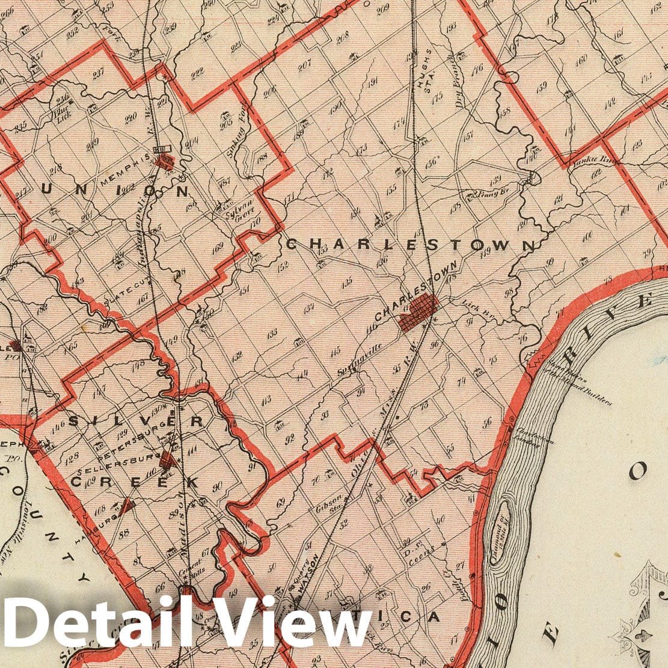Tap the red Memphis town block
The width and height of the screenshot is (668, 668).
pyautogui.click(x=164, y=161)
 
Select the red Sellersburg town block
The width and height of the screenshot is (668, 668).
pyautogui.click(x=168, y=461)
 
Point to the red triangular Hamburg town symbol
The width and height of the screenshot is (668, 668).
pyautogui.click(x=126, y=507)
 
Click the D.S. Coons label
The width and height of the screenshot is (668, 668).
pyautogui.click(x=419, y=551)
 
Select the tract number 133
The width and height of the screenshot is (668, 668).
pyautogui.click(x=272, y=332)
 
